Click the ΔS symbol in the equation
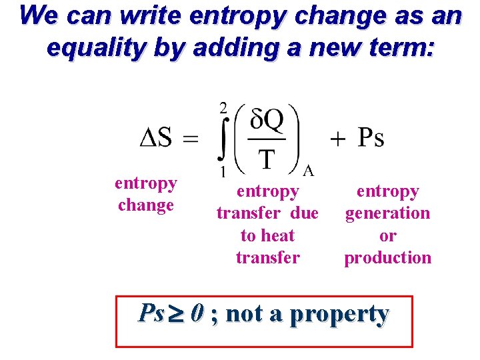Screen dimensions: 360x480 point(156,138)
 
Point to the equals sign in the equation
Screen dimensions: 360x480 point(190,139)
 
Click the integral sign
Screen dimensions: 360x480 point(221,139)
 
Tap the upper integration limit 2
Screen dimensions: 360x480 point(223,108)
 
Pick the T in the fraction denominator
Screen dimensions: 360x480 point(267,159)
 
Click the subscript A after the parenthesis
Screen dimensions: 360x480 point(308,171)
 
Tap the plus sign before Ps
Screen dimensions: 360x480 point(339,139)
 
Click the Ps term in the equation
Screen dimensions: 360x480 point(371,138)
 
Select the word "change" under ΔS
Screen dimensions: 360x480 point(145,205)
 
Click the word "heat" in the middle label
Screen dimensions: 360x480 point(278,235)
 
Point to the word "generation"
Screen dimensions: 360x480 point(387,213)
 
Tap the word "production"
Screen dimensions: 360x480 point(387,257)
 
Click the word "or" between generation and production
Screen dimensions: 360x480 point(387,235)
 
